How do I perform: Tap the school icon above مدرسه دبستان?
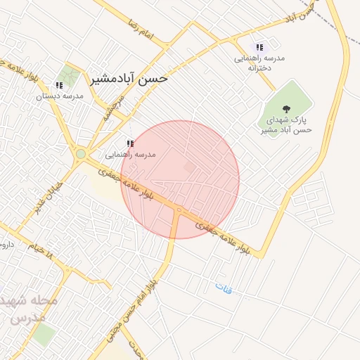click(x=59, y=85)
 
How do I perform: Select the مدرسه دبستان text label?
click(x=60, y=96)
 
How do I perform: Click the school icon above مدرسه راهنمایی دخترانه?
click(x=260, y=47)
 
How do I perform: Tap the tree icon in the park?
click(x=285, y=108)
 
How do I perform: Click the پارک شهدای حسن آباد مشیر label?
click(x=285, y=124)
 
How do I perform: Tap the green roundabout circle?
click(x=81, y=153)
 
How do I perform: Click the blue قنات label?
click(x=224, y=288)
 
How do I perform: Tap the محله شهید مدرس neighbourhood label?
click(x=31, y=309)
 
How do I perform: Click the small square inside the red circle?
click(x=188, y=167)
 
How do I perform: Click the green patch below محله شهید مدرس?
click(x=44, y=335)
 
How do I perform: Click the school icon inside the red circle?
click(x=130, y=143)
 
